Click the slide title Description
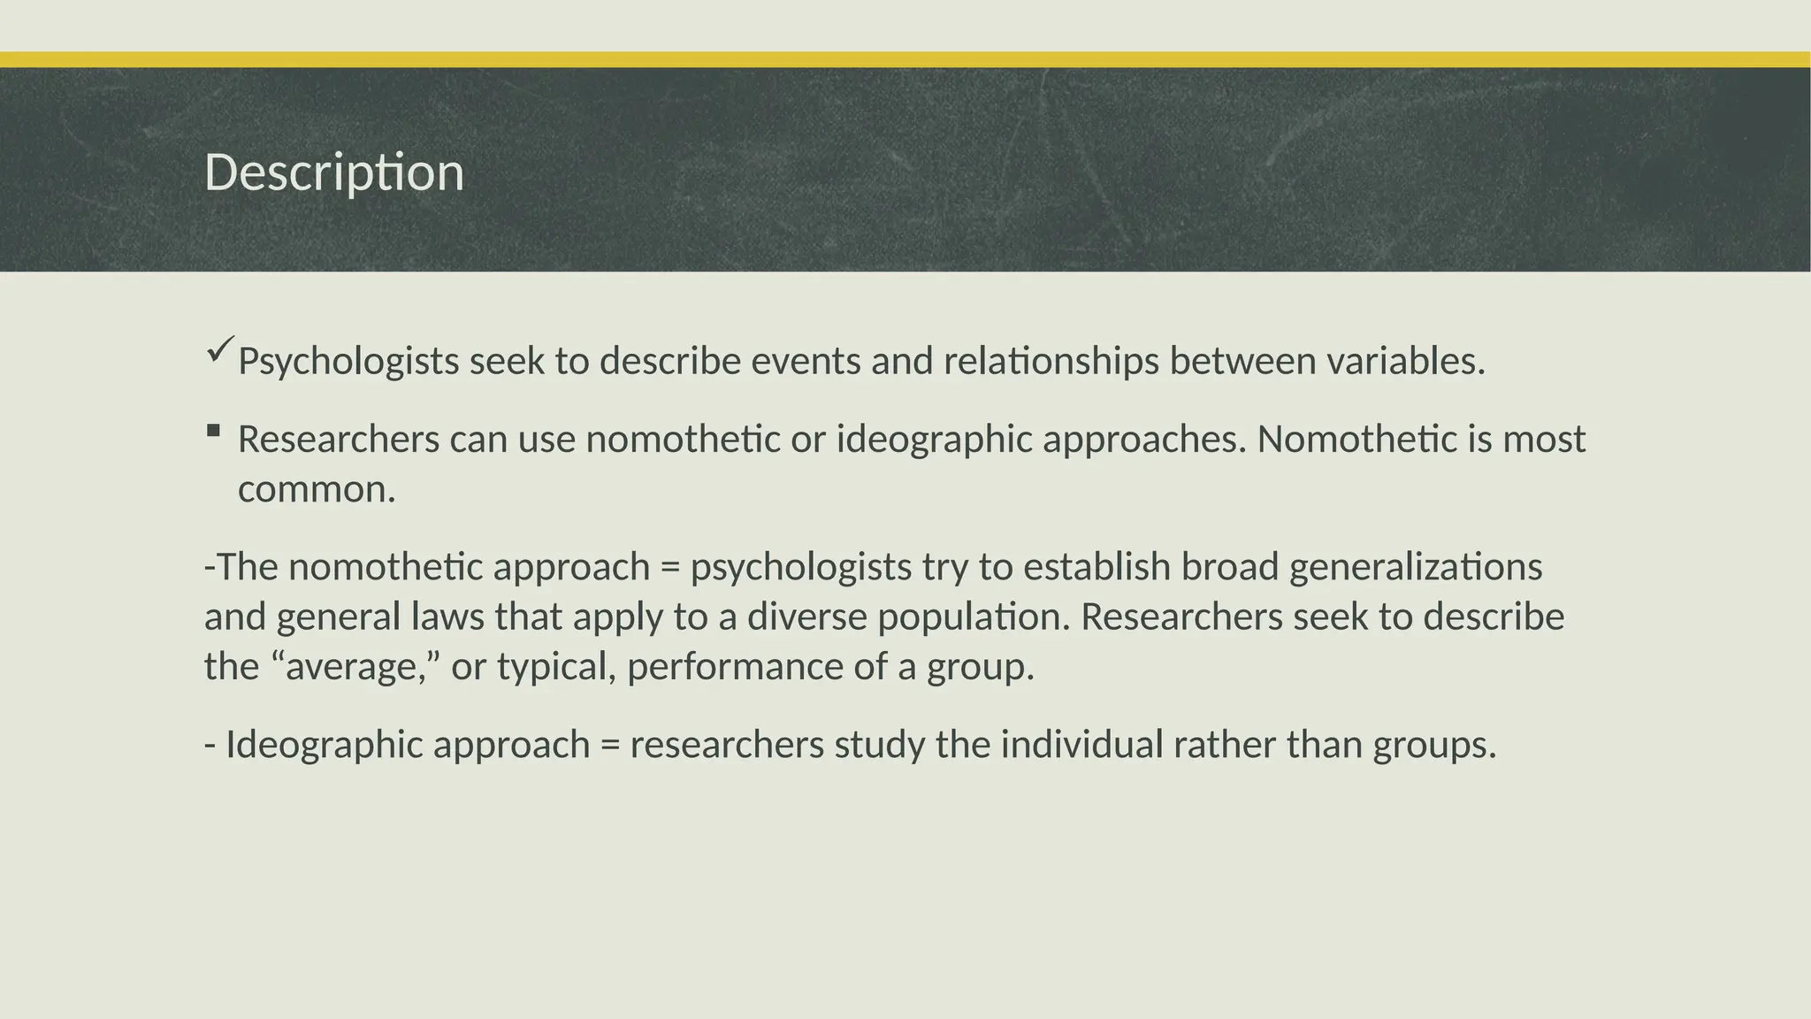tap(334, 172)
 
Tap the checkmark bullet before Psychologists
tap(220, 349)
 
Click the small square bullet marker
tap(213, 432)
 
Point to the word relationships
tap(1051, 361)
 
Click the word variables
tap(1405, 361)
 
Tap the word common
tap(316, 489)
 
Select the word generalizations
tap(1416, 567)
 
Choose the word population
tap(973, 617)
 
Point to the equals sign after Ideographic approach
tap(609, 746)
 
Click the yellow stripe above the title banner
tap(905, 59)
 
